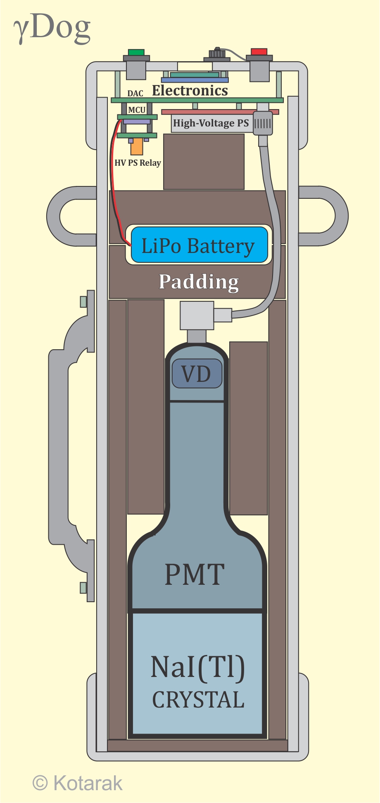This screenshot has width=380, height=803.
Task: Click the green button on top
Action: [136, 52]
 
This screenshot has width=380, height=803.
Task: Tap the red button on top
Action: [259, 52]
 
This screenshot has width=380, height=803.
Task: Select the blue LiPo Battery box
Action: [199, 245]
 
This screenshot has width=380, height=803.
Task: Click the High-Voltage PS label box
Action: [211, 123]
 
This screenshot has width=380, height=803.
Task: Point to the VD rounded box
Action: [197, 374]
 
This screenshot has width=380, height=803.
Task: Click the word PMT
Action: [195, 574]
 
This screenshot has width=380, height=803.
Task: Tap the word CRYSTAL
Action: [198, 700]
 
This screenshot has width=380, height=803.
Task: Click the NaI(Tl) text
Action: [197, 667]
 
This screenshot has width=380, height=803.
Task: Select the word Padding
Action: [199, 282]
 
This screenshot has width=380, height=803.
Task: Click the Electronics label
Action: [190, 91]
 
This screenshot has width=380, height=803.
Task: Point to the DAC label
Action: [135, 93]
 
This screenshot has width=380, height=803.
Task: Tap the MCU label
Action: [137, 110]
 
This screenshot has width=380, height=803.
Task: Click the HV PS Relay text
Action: [138, 163]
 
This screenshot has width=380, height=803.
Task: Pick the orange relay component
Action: [137, 146]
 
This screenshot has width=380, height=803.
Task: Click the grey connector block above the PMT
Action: [197, 316]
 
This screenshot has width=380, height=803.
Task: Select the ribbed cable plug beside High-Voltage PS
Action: [263, 123]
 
